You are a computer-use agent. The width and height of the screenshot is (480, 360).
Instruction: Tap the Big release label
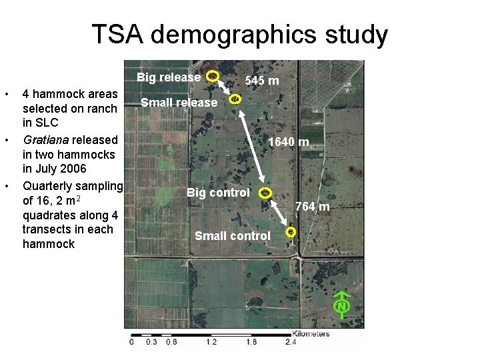169,77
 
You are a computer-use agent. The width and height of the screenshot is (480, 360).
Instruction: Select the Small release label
179,103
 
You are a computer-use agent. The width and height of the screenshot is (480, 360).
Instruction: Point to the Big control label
218,193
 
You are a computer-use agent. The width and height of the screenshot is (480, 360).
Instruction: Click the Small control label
233,236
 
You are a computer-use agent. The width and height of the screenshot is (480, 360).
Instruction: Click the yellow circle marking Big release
212,77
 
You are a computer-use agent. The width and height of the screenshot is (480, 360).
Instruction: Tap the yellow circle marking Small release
235,99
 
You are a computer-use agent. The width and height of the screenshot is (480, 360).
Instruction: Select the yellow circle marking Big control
265,193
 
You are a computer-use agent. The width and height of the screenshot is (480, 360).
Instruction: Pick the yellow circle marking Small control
291,232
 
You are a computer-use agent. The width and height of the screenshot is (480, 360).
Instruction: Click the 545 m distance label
262,81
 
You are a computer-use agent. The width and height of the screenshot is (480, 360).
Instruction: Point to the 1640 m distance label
288,142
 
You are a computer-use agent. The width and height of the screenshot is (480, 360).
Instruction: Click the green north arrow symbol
342,303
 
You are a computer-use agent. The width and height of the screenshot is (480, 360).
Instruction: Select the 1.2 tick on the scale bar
211,343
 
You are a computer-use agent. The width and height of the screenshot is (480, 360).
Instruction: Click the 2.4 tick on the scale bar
291,343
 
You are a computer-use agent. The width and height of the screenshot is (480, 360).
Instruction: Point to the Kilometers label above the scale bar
311,333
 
